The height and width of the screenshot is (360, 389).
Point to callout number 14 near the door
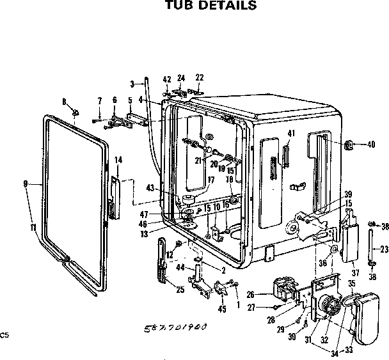(118, 159)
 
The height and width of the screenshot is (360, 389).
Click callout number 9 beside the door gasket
(25, 184)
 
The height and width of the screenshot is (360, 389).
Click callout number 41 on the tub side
(291, 133)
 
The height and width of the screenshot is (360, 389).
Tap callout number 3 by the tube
(132, 84)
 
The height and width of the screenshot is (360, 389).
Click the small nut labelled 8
(75, 114)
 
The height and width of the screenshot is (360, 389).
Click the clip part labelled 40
(351, 145)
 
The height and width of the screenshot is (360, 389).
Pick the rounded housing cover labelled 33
(367, 317)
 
